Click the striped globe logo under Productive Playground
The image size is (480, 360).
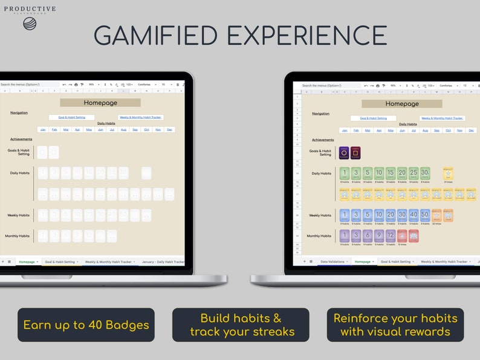coord(30,24)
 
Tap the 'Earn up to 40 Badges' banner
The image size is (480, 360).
coord(86,325)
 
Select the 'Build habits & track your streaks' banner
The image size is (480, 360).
coord(241,325)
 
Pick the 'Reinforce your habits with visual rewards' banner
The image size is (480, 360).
coord(395,325)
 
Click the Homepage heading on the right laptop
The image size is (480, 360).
coord(402,104)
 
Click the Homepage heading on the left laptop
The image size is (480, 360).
coord(100,103)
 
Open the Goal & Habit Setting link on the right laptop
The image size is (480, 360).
coord(375,118)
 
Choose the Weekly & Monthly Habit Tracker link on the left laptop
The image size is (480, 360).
coord(140,117)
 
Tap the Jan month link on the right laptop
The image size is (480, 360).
coord(345,130)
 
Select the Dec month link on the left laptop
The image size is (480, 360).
coord(169,129)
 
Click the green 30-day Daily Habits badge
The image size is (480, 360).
coord(425,173)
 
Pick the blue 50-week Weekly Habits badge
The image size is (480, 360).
coord(425,215)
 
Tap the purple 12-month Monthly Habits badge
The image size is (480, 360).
coord(391,236)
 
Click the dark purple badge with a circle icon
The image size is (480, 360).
coord(344,153)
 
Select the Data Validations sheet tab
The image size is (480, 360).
coord(332,262)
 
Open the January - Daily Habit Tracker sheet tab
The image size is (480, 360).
coord(163,262)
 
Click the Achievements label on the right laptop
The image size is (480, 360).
coord(323,140)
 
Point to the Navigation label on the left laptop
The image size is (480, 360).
coord(19,113)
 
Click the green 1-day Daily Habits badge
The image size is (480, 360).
coord(345,173)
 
